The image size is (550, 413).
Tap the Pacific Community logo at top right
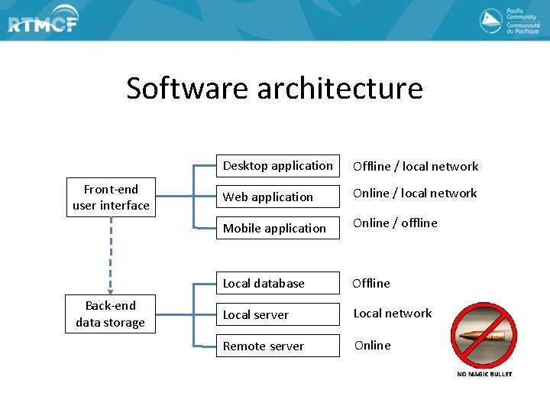[508, 21]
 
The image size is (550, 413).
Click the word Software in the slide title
[188, 88]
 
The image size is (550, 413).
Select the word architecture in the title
[340, 88]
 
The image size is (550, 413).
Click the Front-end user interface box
[111, 198]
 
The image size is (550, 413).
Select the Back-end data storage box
[111, 314]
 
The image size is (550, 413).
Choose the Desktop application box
[277, 166]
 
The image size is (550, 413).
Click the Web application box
[277, 197]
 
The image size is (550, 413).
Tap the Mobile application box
[277, 228]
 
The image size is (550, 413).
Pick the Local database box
[277, 283]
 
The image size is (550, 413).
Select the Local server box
[277, 314]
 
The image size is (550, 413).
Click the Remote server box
[277, 346]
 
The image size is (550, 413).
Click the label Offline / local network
[415, 166]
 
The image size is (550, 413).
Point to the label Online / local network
[415, 193]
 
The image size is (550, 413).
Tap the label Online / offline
[395, 223]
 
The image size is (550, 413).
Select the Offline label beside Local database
[371, 283]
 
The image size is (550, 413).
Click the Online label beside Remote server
[372, 345]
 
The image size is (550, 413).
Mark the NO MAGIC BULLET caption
[484, 374]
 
